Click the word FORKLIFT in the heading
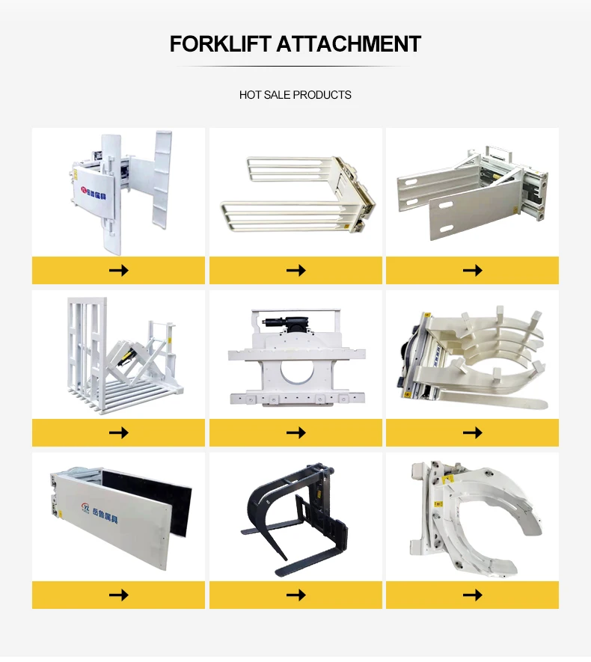click(220, 44)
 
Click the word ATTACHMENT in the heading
click(349, 44)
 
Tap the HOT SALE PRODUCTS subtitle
click(295, 95)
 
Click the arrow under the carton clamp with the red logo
click(118, 270)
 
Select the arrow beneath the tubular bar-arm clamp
click(295, 270)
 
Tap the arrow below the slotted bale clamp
click(472, 270)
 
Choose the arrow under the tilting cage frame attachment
click(118, 432)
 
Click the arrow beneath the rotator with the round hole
click(295, 432)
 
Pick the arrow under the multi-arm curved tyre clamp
click(472, 432)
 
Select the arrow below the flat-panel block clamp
click(118, 595)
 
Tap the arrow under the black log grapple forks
click(295, 595)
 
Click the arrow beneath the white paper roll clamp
click(472, 595)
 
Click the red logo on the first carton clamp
click(83, 190)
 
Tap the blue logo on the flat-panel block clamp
click(85, 509)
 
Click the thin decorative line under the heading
click(295, 67)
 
